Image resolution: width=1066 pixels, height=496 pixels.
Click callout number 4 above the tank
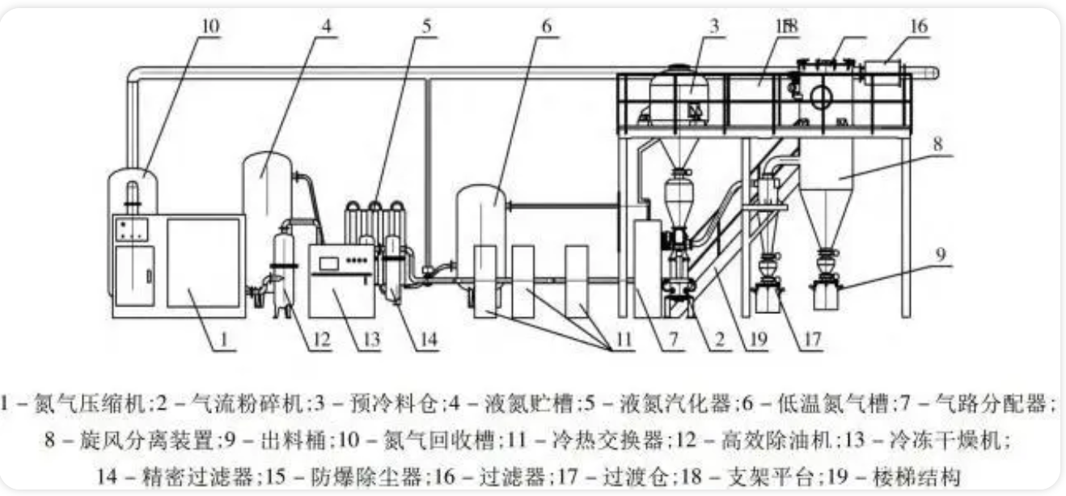pyautogui.click(x=327, y=25)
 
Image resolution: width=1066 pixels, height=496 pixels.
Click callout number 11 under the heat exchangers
pyautogui.click(x=621, y=341)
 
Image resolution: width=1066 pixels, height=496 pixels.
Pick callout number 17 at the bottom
pyautogui.click(x=812, y=341)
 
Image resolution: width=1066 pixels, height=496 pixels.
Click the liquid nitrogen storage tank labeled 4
pyautogui.click(x=268, y=202)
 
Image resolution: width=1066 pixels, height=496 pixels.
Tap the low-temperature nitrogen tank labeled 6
pyautogui.click(x=481, y=231)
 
